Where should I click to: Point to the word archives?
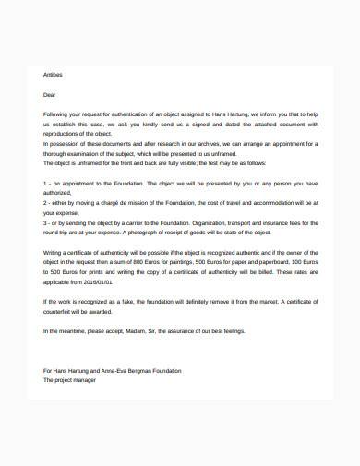227,144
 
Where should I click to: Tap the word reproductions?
65,134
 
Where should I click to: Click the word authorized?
58,194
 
